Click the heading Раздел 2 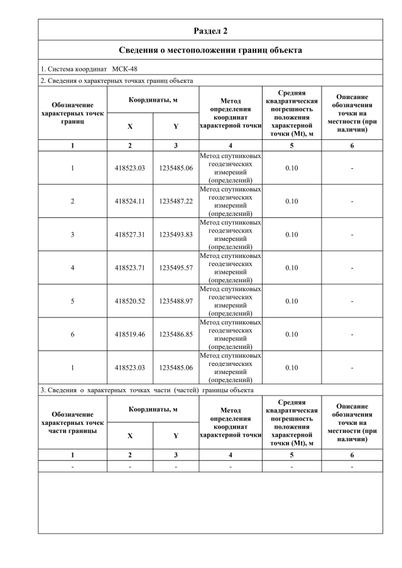[x=210, y=30]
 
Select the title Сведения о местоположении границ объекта [x=210, y=50]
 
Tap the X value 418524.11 [x=130, y=201]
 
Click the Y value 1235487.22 [x=176, y=201]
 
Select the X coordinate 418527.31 [x=130, y=235]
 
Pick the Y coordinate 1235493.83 [x=176, y=235]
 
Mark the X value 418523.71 [x=130, y=268]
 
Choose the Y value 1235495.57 [x=176, y=268]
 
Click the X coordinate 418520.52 [x=130, y=301]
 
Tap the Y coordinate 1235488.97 [x=176, y=301]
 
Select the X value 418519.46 [x=130, y=335]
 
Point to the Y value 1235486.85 [x=176, y=335]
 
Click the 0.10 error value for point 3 [x=291, y=235]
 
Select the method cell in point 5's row [x=231, y=301]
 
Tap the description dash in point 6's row [x=352, y=335]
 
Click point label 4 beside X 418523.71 [x=72, y=268]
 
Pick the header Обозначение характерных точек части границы [x=72, y=423]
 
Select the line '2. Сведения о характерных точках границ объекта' [x=116, y=80]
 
